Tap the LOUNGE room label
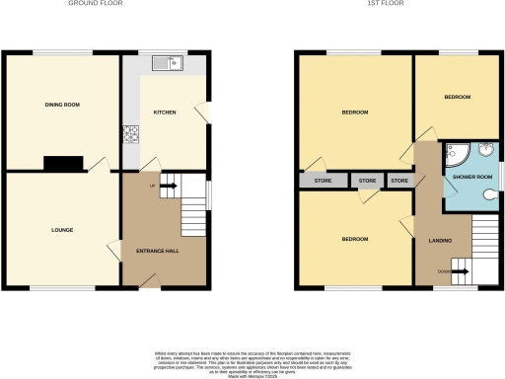coord(62,230)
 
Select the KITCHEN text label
coord(164,113)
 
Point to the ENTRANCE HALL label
coord(157,251)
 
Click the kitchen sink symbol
coord(166,64)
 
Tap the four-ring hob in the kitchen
coord(128,135)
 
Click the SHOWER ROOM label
coord(471,177)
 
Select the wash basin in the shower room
coord(485,151)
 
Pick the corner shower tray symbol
coord(455,152)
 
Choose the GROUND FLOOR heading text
coord(95,4)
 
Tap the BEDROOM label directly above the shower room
coord(457,97)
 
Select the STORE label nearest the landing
coord(399,181)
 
